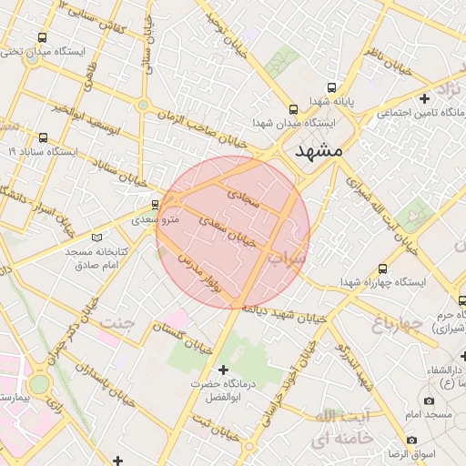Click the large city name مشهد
313,151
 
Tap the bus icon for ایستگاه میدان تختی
43,37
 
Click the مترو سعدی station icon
156,205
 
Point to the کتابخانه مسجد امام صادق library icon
98,234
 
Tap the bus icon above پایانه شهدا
331,87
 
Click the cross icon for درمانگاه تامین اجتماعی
424,98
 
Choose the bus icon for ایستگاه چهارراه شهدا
382,268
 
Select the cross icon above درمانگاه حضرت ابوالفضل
224,369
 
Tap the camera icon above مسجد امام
429,400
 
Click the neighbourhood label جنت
117,323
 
